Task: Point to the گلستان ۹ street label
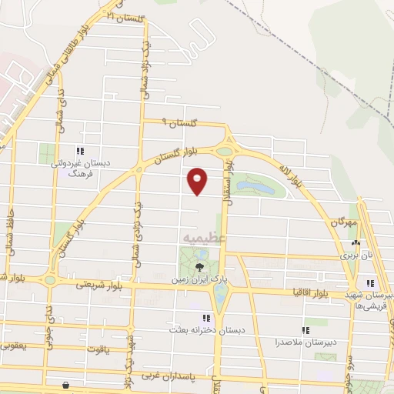(x=179, y=123)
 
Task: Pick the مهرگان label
(x=346, y=222)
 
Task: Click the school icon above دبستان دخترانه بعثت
(x=205, y=317)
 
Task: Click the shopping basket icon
(x=67, y=384)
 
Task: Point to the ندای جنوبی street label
(x=52, y=320)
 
